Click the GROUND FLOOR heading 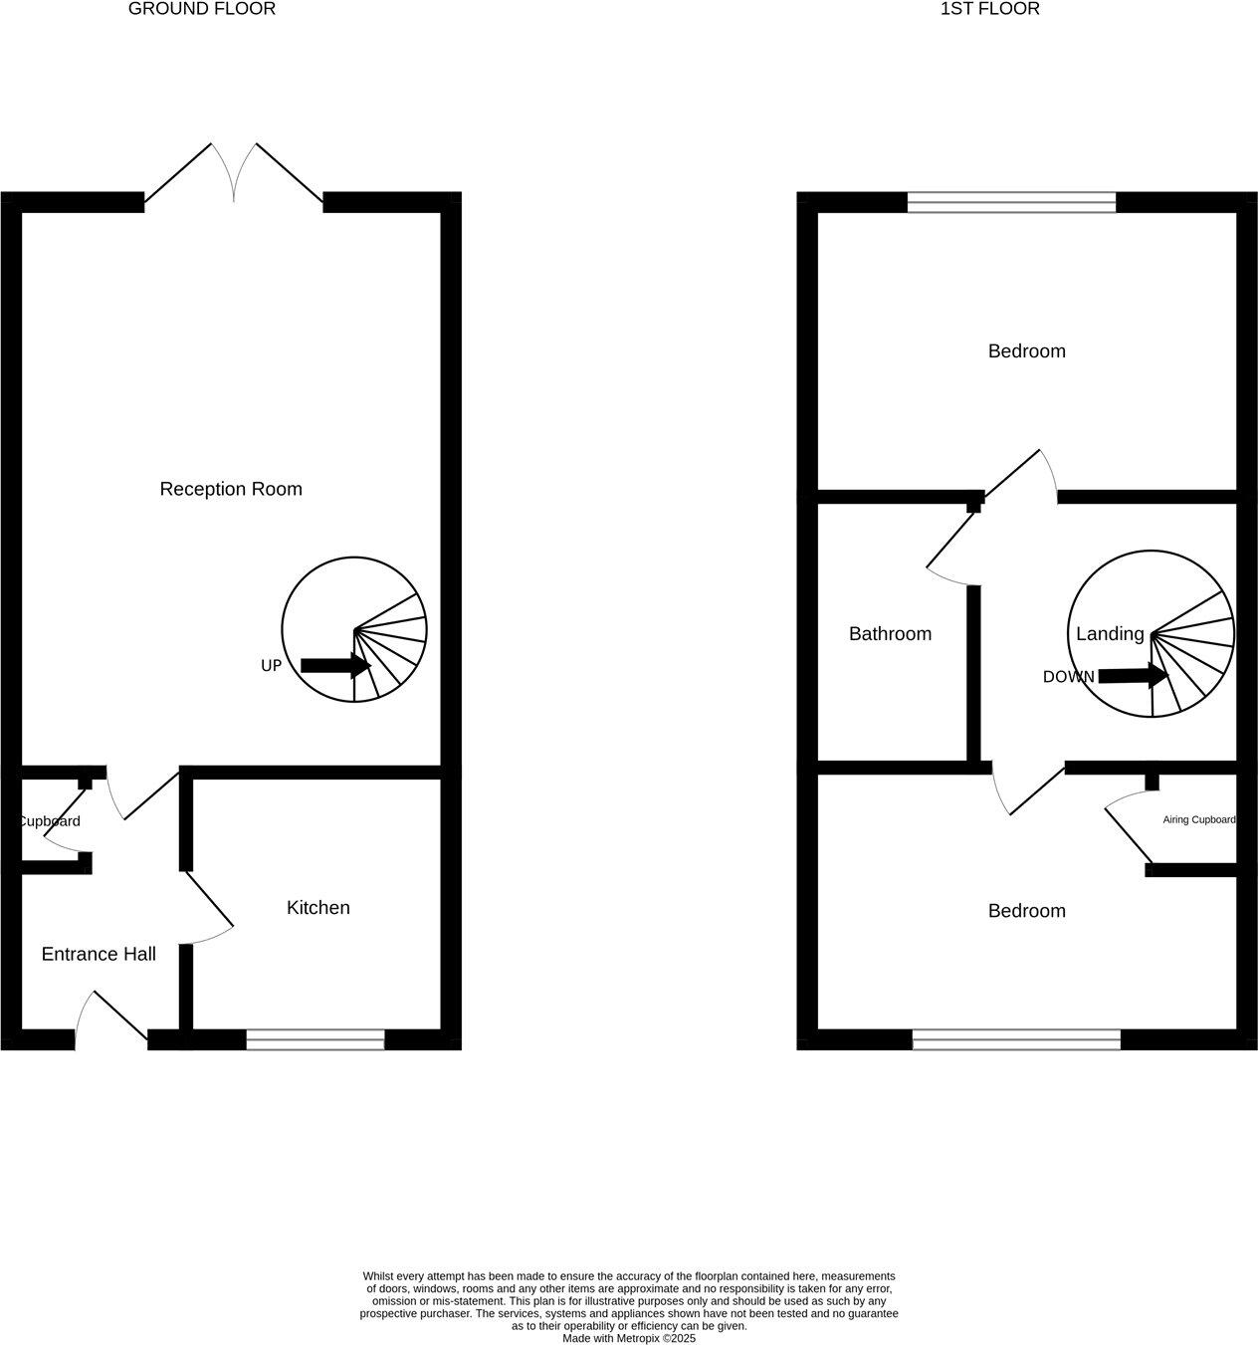pyautogui.click(x=202, y=9)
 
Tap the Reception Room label pyautogui.click(x=231, y=489)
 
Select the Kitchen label pyautogui.click(x=317, y=907)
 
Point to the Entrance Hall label pyautogui.click(x=99, y=954)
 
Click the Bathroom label pyautogui.click(x=890, y=633)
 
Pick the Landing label pyautogui.click(x=1109, y=633)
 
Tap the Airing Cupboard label pyautogui.click(x=1198, y=820)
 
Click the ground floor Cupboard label pyautogui.click(x=50, y=821)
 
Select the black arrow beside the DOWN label pyautogui.click(x=1133, y=676)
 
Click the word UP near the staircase pyautogui.click(x=271, y=666)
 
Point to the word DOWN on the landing pyautogui.click(x=1068, y=677)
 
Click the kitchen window pyautogui.click(x=315, y=1041)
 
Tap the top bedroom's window pyautogui.click(x=1011, y=203)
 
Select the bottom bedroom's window pyautogui.click(x=1016, y=1041)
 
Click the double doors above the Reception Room pyautogui.click(x=234, y=174)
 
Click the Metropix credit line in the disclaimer pyautogui.click(x=629, y=1338)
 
